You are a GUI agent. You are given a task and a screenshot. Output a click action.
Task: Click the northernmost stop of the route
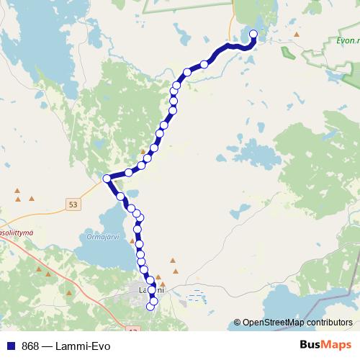(253, 34)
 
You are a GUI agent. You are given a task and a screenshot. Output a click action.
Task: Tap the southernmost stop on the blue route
(150, 307)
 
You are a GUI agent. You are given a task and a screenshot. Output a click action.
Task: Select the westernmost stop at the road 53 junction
(107, 178)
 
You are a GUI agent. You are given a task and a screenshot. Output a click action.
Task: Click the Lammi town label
(151, 290)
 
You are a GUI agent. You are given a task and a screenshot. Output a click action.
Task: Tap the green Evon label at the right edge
(348, 41)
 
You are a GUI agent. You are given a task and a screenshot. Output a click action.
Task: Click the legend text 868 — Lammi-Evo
(66, 346)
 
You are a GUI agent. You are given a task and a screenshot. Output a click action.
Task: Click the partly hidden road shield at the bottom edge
(132, 330)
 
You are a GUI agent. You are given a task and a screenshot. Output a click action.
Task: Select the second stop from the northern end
(204, 64)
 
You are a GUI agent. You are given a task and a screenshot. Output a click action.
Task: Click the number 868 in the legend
(30, 346)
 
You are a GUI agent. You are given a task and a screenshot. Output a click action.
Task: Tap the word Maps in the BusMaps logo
(336, 346)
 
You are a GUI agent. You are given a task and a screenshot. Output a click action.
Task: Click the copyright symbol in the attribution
(237, 322)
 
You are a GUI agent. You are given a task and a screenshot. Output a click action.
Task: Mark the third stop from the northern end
(187, 71)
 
